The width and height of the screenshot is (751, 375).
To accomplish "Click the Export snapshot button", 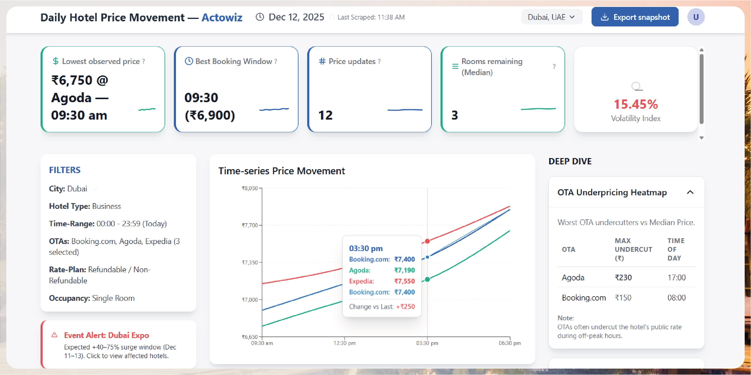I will (x=634, y=17).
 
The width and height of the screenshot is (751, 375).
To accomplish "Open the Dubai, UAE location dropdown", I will (x=551, y=17).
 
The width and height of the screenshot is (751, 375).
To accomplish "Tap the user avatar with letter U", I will (x=695, y=17).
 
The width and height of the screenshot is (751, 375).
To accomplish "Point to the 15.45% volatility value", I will (x=635, y=105).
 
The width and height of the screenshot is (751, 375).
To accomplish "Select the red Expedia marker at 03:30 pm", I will (x=427, y=241).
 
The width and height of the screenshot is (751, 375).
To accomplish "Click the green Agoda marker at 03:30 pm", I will (x=427, y=279).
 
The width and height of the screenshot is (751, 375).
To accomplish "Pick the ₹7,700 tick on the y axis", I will (x=250, y=225).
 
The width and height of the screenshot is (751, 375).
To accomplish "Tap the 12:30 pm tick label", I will (x=344, y=343).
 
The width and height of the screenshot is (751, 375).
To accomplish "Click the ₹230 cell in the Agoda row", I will (x=623, y=278).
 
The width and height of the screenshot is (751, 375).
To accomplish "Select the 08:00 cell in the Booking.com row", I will (x=676, y=298).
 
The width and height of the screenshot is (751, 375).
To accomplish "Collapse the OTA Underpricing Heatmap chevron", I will (x=690, y=192).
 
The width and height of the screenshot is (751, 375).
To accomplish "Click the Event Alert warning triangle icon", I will (x=54, y=335).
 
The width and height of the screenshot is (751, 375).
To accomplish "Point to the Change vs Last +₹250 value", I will (x=405, y=307).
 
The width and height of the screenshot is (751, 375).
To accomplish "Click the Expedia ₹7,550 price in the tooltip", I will (x=404, y=281).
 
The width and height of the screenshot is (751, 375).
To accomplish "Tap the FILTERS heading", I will (x=65, y=170).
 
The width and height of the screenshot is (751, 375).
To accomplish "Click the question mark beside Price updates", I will (x=379, y=62).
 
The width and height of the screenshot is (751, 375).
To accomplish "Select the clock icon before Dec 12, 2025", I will (x=260, y=17).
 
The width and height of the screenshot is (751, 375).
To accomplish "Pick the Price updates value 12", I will (x=325, y=115).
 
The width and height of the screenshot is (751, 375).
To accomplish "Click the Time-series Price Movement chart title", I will (x=281, y=171).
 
